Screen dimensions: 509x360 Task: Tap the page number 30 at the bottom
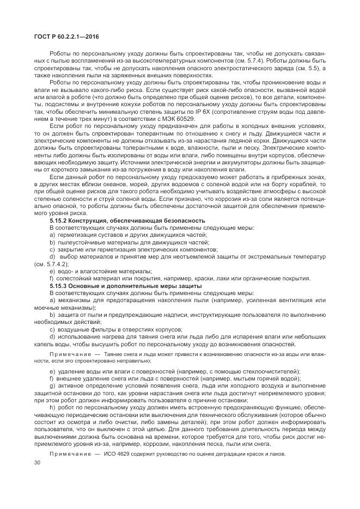(x=38, y=463)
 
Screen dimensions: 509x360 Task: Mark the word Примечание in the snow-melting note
(x=67, y=354)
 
